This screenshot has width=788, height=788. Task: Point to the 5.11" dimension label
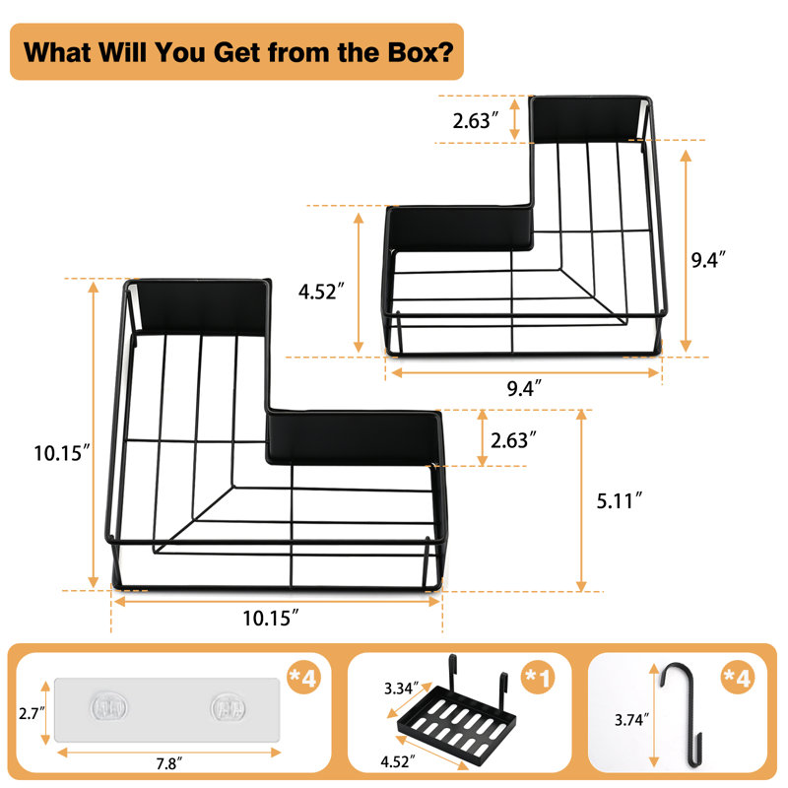coord(620,501)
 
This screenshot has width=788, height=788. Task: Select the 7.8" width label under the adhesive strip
coord(168,763)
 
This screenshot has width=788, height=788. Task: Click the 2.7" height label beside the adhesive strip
coord(32,713)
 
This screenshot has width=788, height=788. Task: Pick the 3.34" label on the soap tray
coord(402,688)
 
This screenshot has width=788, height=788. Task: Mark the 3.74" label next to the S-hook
coord(631,720)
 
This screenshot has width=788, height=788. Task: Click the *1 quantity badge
coord(538,677)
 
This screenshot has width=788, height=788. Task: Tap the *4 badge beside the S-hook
coord(737,677)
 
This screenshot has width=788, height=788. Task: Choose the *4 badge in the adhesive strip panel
coord(303,677)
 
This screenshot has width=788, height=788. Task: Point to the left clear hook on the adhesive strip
coord(109,708)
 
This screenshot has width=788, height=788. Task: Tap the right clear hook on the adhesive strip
coord(229,708)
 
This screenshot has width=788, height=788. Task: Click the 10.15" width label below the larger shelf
coord(271,619)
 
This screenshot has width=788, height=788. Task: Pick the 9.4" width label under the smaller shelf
coord(524,388)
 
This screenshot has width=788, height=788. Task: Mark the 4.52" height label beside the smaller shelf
coord(321,292)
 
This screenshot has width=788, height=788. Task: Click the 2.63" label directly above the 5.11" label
coord(513,440)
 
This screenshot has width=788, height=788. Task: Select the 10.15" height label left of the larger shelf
coord(62,453)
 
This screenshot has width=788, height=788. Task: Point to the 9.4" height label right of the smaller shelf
coord(708,260)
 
